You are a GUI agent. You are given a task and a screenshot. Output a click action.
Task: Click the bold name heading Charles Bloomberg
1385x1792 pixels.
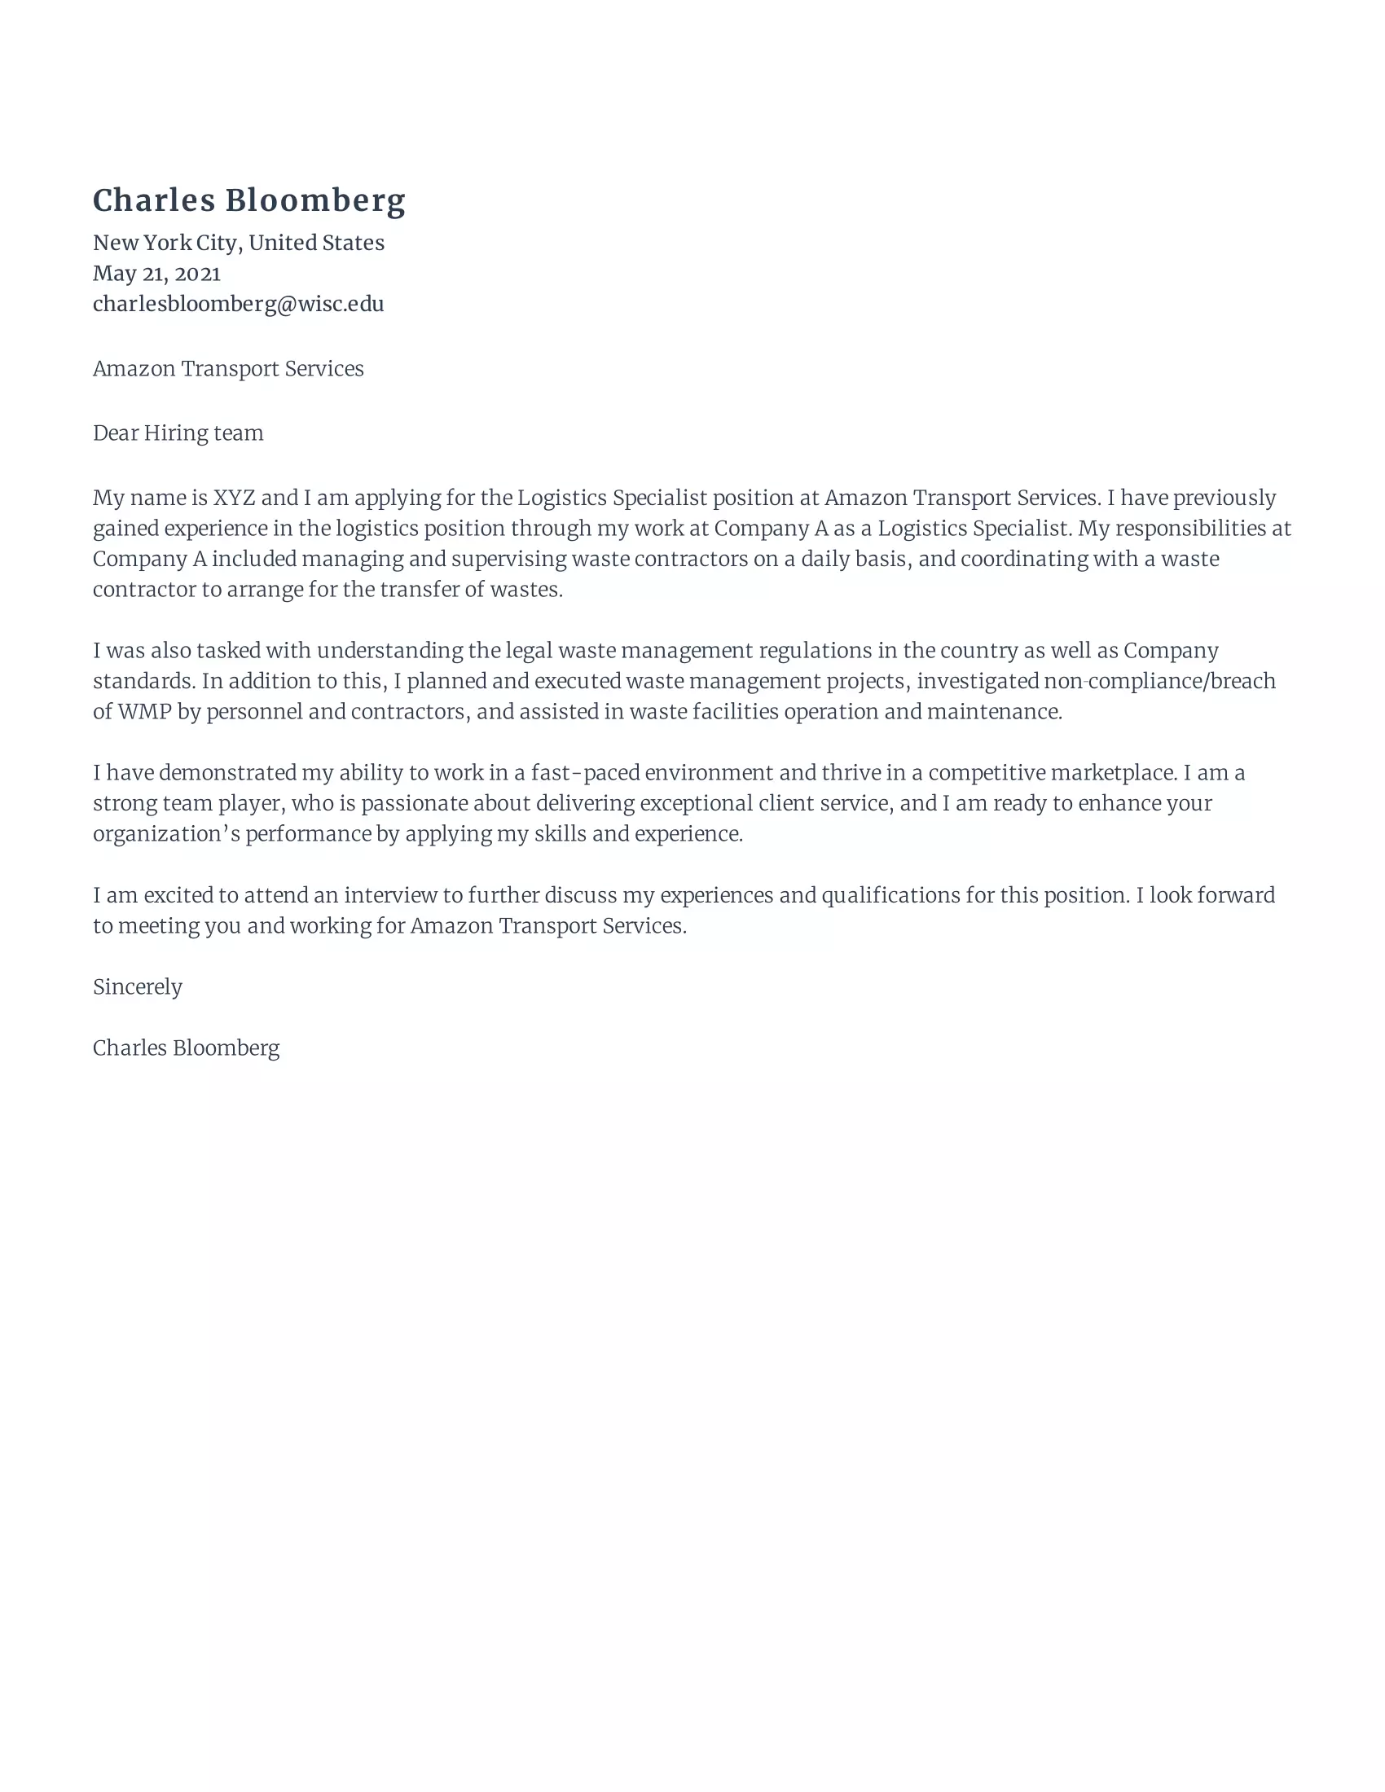[x=248, y=201]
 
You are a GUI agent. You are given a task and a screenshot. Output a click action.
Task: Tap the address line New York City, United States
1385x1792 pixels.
[x=238, y=243]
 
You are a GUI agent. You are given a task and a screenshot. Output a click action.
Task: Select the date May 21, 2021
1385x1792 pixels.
[x=156, y=273]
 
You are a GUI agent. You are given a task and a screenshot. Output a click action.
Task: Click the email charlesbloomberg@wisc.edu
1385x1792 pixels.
[x=238, y=305]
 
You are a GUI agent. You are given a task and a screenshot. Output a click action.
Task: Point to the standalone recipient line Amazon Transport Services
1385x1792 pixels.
[x=228, y=369]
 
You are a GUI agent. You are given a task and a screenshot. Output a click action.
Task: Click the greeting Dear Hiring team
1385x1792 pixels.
[x=178, y=433]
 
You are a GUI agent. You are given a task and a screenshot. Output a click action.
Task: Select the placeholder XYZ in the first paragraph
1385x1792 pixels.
[x=234, y=498]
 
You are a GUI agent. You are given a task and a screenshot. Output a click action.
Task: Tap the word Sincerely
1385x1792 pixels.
[x=137, y=987]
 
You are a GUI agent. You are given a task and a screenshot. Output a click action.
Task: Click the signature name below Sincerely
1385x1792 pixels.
[x=187, y=1048]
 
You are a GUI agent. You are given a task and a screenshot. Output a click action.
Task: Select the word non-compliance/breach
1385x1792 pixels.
[x=1159, y=682]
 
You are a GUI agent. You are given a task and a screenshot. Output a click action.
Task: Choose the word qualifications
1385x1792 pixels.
[x=890, y=895]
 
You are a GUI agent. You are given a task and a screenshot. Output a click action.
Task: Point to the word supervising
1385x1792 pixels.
[x=508, y=560]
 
